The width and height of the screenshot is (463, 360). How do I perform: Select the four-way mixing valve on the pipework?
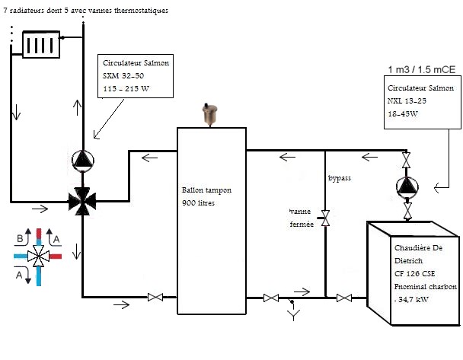coord(81,202)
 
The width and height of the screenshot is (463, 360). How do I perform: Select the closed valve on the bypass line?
coord(325,219)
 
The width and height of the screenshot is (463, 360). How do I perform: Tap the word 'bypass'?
coord(340,177)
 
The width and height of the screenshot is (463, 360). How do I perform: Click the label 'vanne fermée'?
coord(301,217)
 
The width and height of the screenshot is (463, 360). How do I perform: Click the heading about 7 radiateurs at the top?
coord(85,11)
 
